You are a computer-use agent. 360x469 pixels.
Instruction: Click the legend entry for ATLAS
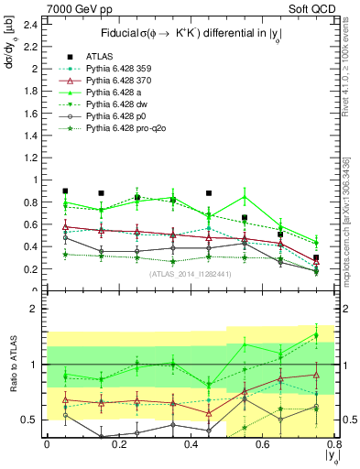click(x=99, y=54)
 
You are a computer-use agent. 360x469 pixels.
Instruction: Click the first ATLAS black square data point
click(x=65, y=191)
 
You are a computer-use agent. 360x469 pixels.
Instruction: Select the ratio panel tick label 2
click(x=35, y=310)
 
